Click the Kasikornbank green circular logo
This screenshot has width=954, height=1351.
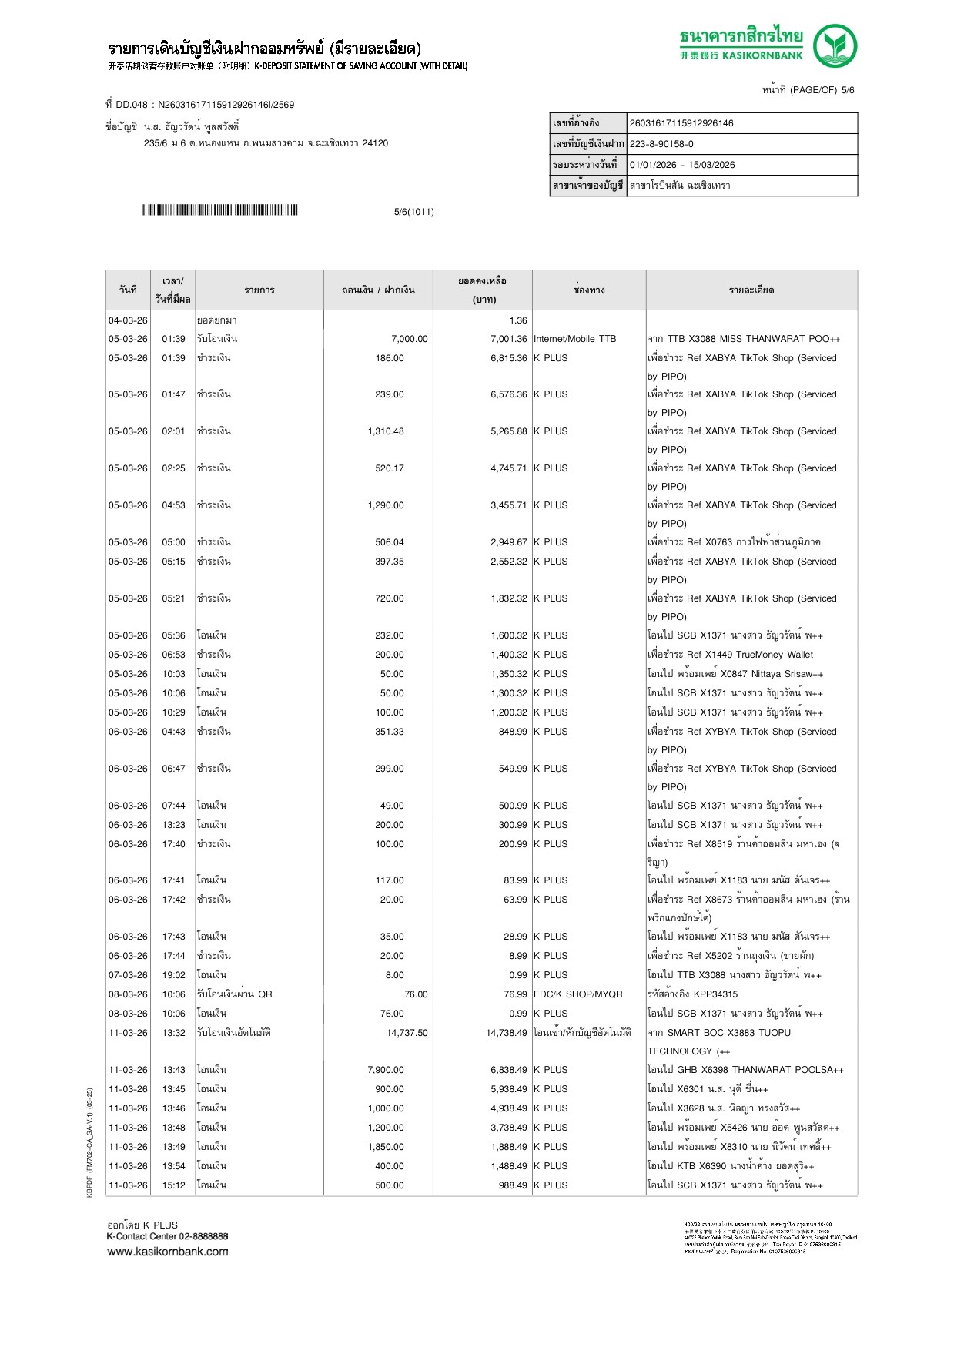click(835, 45)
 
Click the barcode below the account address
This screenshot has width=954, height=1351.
click(219, 210)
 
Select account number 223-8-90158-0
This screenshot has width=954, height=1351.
click(661, 144)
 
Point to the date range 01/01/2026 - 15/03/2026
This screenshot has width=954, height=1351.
click(682, 165)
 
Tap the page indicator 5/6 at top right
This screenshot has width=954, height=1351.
click(847, 90)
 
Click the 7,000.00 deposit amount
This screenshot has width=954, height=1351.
click(409, 339)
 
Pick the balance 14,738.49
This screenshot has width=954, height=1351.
click(506, 1033)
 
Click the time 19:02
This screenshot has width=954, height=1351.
click(173, 975)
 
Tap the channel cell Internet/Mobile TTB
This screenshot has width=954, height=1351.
click(574, 339)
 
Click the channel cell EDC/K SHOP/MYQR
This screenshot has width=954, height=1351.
click(577, 994)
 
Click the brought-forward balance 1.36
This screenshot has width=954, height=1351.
click(517, 320)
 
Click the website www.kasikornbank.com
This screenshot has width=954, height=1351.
click(167, 1251)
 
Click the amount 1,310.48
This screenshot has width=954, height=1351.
click(386, 431)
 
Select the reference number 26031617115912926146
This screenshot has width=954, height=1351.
click(681, 123)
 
